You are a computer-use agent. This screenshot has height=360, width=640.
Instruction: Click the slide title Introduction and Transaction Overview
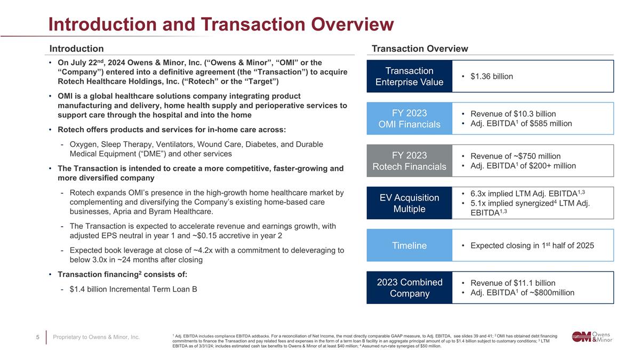(221, 24)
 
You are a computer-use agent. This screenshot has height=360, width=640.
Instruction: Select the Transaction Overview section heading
(420, 49)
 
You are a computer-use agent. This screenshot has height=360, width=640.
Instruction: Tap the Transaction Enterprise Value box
(409, 76)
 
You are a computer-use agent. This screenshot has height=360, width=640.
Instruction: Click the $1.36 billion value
(492, 76)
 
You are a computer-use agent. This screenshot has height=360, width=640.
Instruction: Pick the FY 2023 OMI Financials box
(409, 118)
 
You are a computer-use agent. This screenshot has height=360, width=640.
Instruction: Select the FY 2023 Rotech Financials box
(409, 161)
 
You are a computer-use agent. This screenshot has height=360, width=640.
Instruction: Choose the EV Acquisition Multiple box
(409, 203)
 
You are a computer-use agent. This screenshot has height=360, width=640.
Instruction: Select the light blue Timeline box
(409, 245)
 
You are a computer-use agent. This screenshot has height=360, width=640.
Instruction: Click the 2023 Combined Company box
(409, 287)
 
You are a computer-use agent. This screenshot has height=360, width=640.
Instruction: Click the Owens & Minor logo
(593, 337)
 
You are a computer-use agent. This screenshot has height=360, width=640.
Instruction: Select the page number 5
(38, 337)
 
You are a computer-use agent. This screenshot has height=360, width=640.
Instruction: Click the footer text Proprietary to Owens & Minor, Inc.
(97, 337)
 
